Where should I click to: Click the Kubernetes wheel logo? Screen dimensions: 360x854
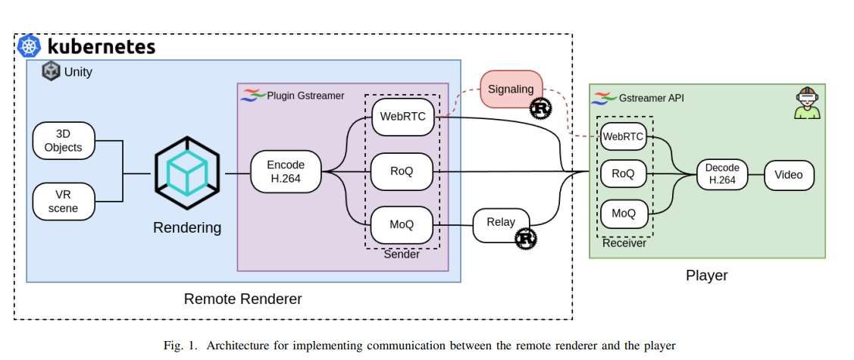(30, 46)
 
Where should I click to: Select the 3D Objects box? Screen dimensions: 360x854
(64, 140)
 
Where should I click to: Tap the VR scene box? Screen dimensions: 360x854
(64, 201)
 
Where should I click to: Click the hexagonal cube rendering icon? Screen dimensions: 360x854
(187, 174)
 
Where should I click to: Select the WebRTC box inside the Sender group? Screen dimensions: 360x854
(402, 117)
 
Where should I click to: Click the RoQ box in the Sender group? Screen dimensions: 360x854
(402, 171)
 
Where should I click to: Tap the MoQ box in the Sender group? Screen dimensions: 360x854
(402, 224)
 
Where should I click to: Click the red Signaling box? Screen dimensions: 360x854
(512, 89)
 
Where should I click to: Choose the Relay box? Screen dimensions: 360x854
(500, 223)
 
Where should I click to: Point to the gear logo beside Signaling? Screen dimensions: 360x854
(541, 108)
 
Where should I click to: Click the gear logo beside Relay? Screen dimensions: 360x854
(526, 239)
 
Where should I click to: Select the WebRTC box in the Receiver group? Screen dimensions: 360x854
(623, 137)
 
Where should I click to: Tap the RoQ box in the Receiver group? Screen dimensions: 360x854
(623, 174)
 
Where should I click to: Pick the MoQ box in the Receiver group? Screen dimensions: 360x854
(623, 213)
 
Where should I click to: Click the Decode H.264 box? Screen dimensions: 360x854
(721, 174)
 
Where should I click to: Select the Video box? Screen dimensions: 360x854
(789, 175)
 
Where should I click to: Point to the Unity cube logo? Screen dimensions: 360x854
(52, 72)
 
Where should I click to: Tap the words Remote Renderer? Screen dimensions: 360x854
(242, 299)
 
